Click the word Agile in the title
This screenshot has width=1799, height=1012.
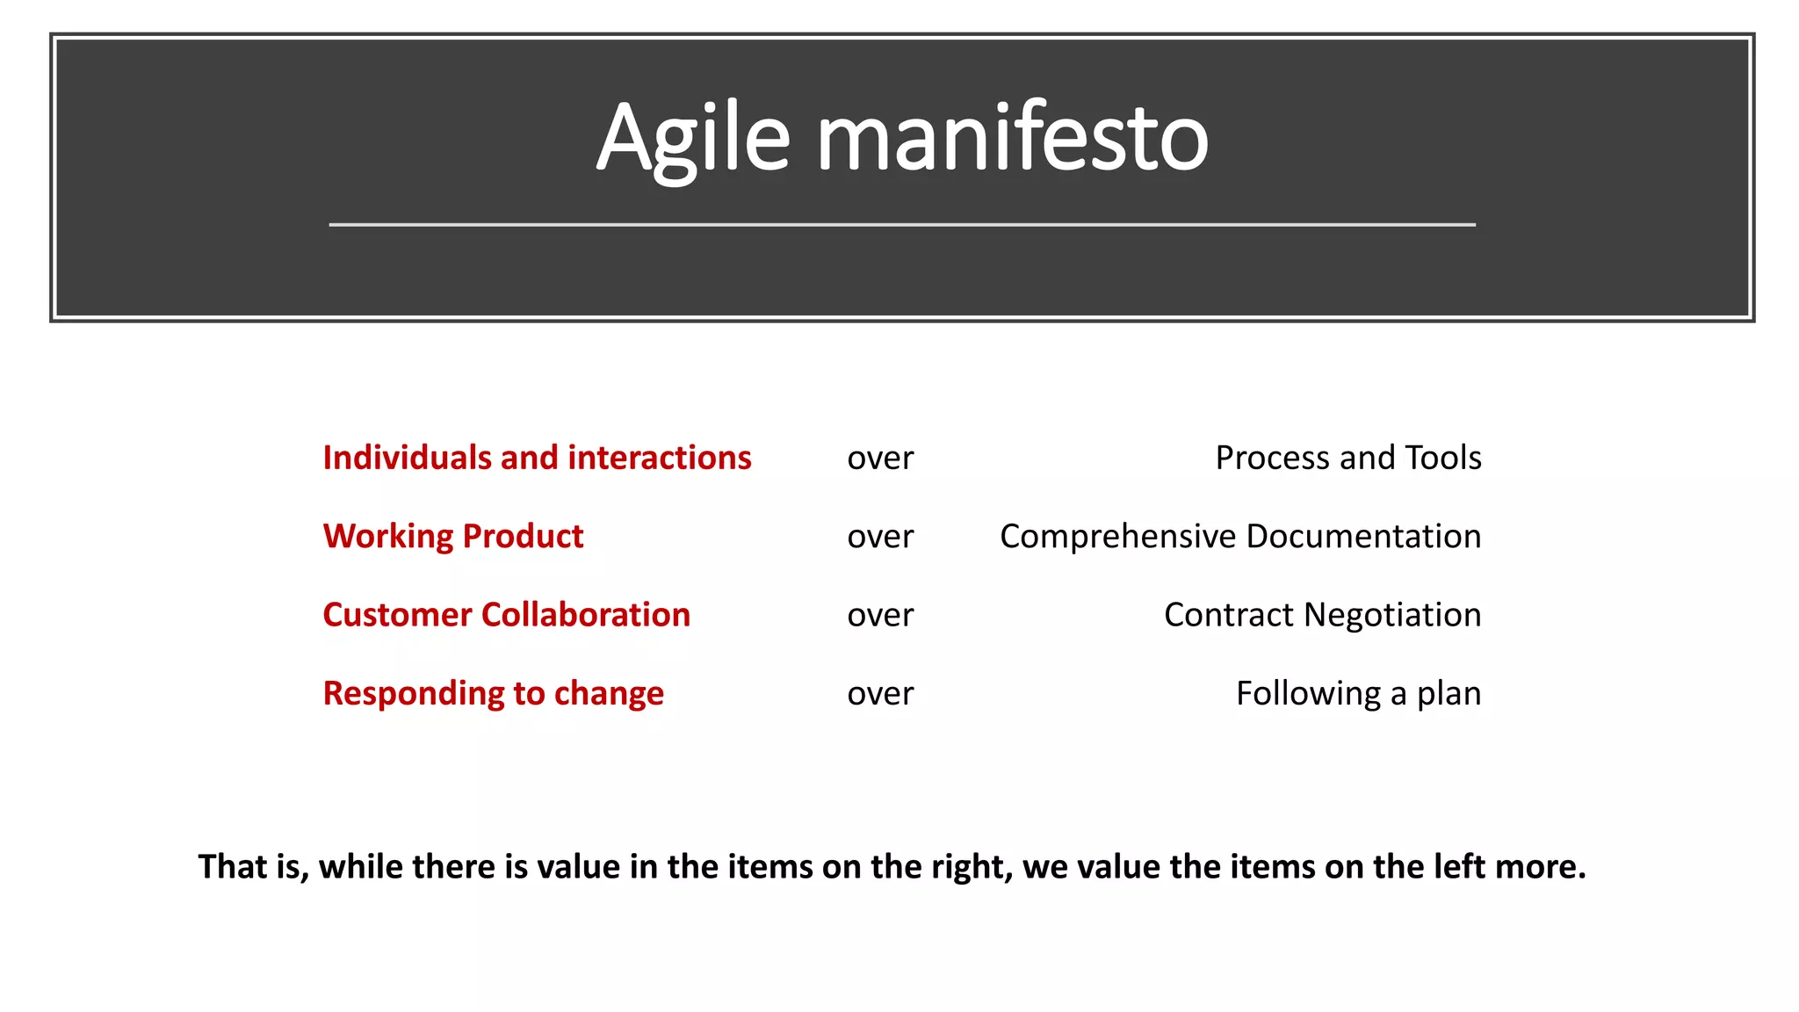coord(694,139)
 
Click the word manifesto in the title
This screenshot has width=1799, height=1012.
coord(1013,139)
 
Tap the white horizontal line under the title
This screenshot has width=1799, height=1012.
coord(902,225)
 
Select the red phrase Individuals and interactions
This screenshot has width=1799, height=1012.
coord(537,458)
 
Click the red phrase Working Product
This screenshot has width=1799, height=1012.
coord(453,536)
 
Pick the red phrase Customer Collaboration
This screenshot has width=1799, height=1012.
coord(507,615)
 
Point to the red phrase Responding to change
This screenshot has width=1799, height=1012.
coord(494,693)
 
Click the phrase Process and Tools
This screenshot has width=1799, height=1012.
coord(1348,458)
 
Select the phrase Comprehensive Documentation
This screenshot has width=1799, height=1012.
coord(1240,536)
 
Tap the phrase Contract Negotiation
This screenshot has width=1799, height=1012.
coord(1322,615)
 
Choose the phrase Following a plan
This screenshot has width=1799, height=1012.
coord(1358,693)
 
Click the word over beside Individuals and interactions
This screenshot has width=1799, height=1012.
coord(880,459)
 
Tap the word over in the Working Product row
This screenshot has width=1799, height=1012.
coord(880,537)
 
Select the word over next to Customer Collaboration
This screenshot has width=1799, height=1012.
coord(880,616)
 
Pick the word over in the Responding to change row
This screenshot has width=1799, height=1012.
coord(880,694)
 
